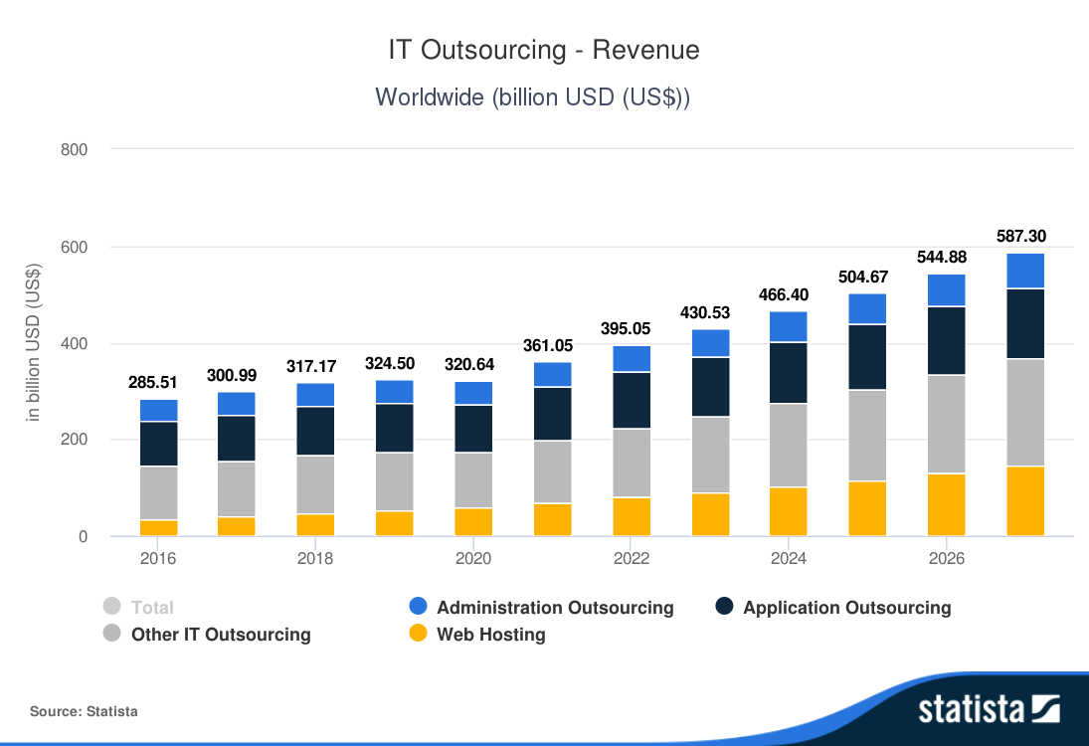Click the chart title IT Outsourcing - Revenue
point(544,50)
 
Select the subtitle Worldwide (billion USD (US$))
point(533,97)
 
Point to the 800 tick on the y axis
point(77,150)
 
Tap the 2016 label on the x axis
point(158,559)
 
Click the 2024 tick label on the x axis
point(790,559)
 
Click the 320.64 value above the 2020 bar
point(473,365)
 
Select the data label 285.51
point(153,383)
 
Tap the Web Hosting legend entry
point(491,635)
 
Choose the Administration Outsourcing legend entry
point(555,608)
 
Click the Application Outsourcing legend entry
point(846,608)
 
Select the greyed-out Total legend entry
point(152,608)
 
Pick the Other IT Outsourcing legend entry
point(221,635)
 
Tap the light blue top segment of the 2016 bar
point(159,411)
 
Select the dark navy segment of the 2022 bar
point(632,400)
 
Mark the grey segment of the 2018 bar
point(316,484)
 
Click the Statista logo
point(989,709)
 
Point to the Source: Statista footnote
point(84,711)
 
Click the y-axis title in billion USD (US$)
point(34,341)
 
